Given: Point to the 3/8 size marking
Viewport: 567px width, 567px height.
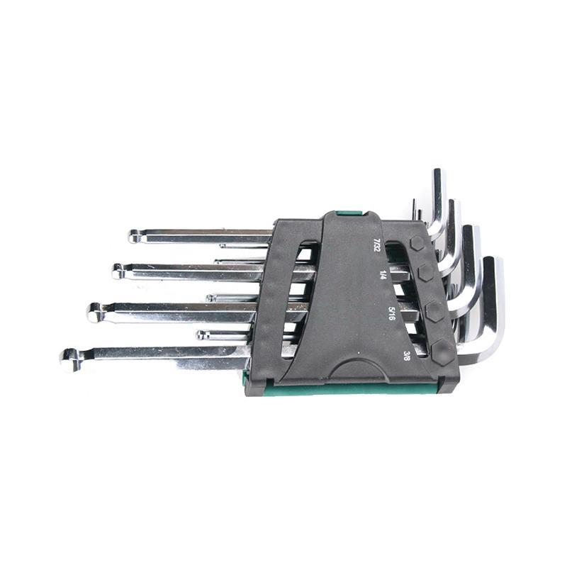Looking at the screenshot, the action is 406,357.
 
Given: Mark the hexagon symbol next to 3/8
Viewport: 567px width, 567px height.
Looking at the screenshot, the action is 442,351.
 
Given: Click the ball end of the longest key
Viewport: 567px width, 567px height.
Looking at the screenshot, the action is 70,360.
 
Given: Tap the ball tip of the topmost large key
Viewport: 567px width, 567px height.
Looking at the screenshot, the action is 134,236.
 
